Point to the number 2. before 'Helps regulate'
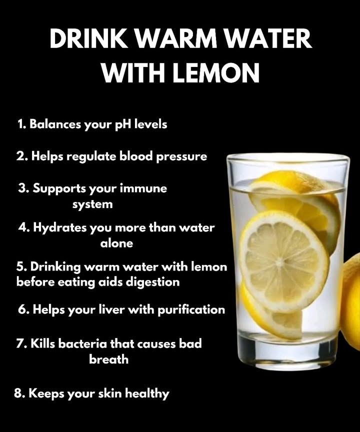pyautogui.click(x=22, y=156)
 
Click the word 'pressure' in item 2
pyautogui.click(x=181, y=156)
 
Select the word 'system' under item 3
pyautogui.click(x=92, y=204)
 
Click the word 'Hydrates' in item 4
pyautogui.click(x=59, y=228)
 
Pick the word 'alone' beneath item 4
pyautogui.click(x=117, y=243)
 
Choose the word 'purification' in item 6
pyautogui.click(x=191, y=310)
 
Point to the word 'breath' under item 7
pyautogui.click(x=108, y=359)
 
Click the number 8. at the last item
pyautogui.click(x=19, y=393)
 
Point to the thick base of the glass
pyautogui.click(x=287, y=352)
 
